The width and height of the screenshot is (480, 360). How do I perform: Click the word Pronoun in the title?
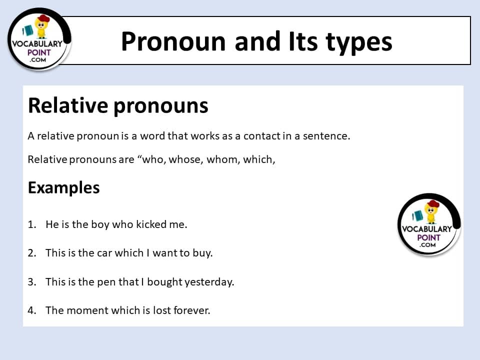pyautogui.click(x=173, y=41)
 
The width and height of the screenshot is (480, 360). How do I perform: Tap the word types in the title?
pyautogui.click(x=359, y=43)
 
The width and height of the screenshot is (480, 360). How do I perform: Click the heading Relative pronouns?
pyautogui.click(x=118, y=106)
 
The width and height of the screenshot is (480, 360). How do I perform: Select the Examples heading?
pyautogui.click(x=63, y=187)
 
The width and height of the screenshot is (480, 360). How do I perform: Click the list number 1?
pyautogui.click(x=32, y=224)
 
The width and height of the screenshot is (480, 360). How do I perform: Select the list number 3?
pyautogui.click(x=32, y=281)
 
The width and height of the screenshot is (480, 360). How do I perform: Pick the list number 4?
pyautogui.click(x=32, y=310)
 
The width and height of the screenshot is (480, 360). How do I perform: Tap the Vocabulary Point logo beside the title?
pyautogui.click(x=39, y=39)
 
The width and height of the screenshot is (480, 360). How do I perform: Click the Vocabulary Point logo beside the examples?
pyautogui.click(x=429, y=224)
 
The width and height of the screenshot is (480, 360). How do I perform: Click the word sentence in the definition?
pyautogui.click(x=326, y=136)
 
